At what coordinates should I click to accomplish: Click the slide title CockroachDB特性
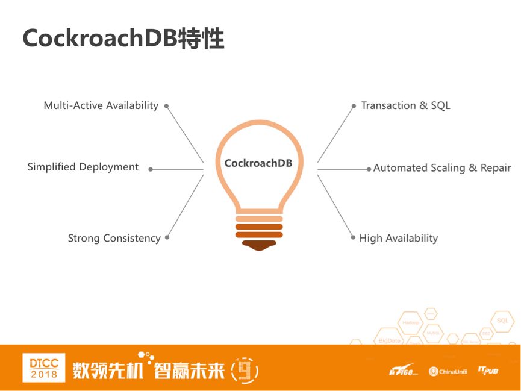[123, 38]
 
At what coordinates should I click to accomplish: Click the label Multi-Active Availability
[101, 105]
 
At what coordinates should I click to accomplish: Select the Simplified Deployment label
[83, 167]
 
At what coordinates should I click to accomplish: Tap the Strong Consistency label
[114, 238]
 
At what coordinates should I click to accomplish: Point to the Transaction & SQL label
[405, 105]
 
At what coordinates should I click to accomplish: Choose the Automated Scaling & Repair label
[441, 168]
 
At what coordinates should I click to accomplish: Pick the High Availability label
[398, 238]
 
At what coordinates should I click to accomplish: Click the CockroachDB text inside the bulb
[258, 163]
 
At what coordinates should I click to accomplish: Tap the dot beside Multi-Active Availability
[167, 106]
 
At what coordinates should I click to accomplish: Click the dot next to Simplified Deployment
[151, 169]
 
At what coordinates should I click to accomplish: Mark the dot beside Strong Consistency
[167, 237]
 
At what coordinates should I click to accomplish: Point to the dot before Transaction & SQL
[354, 106]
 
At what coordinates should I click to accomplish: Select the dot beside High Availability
[354, 237]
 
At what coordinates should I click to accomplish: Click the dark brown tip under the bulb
[259, 245]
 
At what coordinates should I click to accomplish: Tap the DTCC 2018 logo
[44, 368]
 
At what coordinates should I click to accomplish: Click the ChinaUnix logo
[448, 371]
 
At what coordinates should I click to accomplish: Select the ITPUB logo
[488, 370]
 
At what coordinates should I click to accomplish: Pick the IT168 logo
[402, 370]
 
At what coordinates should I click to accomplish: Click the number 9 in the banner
[244, 370]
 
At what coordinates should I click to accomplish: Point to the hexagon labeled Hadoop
[411, 322]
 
